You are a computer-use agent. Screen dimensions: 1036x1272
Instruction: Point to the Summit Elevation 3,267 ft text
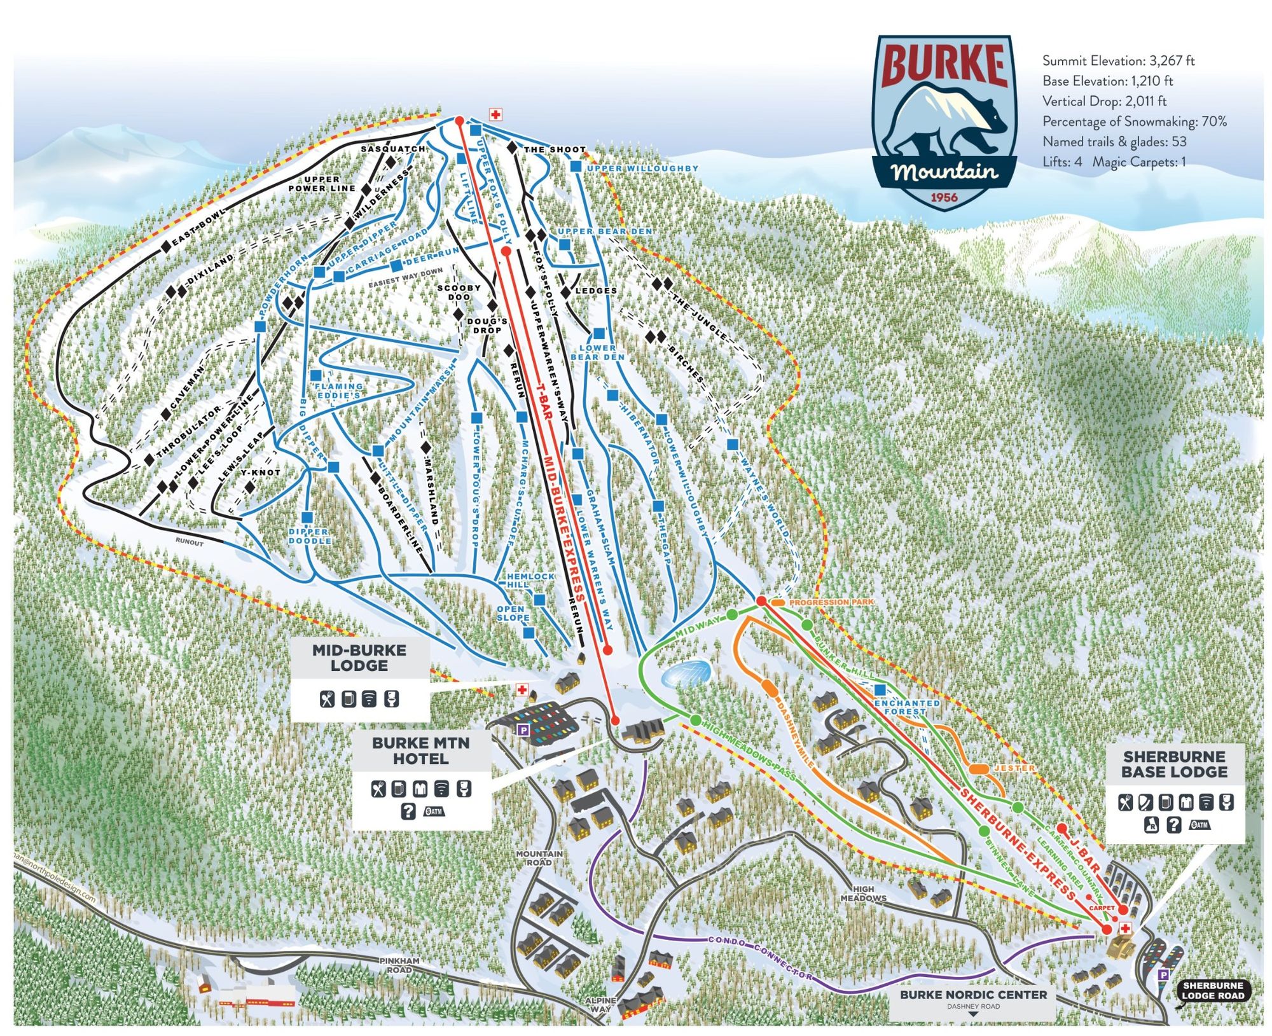[1117, 61]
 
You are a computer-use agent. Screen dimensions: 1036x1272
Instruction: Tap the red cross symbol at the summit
[495, 114]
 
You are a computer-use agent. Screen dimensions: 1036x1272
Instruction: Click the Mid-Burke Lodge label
[359, 658]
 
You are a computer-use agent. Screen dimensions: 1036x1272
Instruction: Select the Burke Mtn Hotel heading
[420, 750]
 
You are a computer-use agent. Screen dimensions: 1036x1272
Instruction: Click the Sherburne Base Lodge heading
[1174, 764]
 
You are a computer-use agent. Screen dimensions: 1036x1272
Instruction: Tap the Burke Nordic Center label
[972, 994]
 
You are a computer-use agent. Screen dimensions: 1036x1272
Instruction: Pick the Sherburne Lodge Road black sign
[1212, 990]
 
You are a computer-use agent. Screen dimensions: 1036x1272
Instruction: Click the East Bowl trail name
[198, 226]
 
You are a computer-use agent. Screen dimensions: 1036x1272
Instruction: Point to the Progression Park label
[831, 602]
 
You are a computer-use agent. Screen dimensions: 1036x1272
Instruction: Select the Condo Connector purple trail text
[760, 957]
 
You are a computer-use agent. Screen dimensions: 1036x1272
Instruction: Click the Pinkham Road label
[399, 965]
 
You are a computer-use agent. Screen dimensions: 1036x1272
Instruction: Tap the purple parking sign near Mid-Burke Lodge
[523, 730]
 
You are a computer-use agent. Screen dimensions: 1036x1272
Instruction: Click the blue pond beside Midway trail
[686, 673]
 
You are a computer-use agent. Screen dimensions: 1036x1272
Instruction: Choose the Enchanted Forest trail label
[906, 707]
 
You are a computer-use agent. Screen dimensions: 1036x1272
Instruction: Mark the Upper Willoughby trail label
[642, 169]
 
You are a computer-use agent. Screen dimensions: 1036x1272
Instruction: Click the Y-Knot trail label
[260, 473]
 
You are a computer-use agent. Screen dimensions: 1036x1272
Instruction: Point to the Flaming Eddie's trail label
[339, 390]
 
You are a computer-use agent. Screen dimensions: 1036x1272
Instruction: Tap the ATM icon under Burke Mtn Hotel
[434, 811]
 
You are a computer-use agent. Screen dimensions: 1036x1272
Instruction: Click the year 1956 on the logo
[944, 197]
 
